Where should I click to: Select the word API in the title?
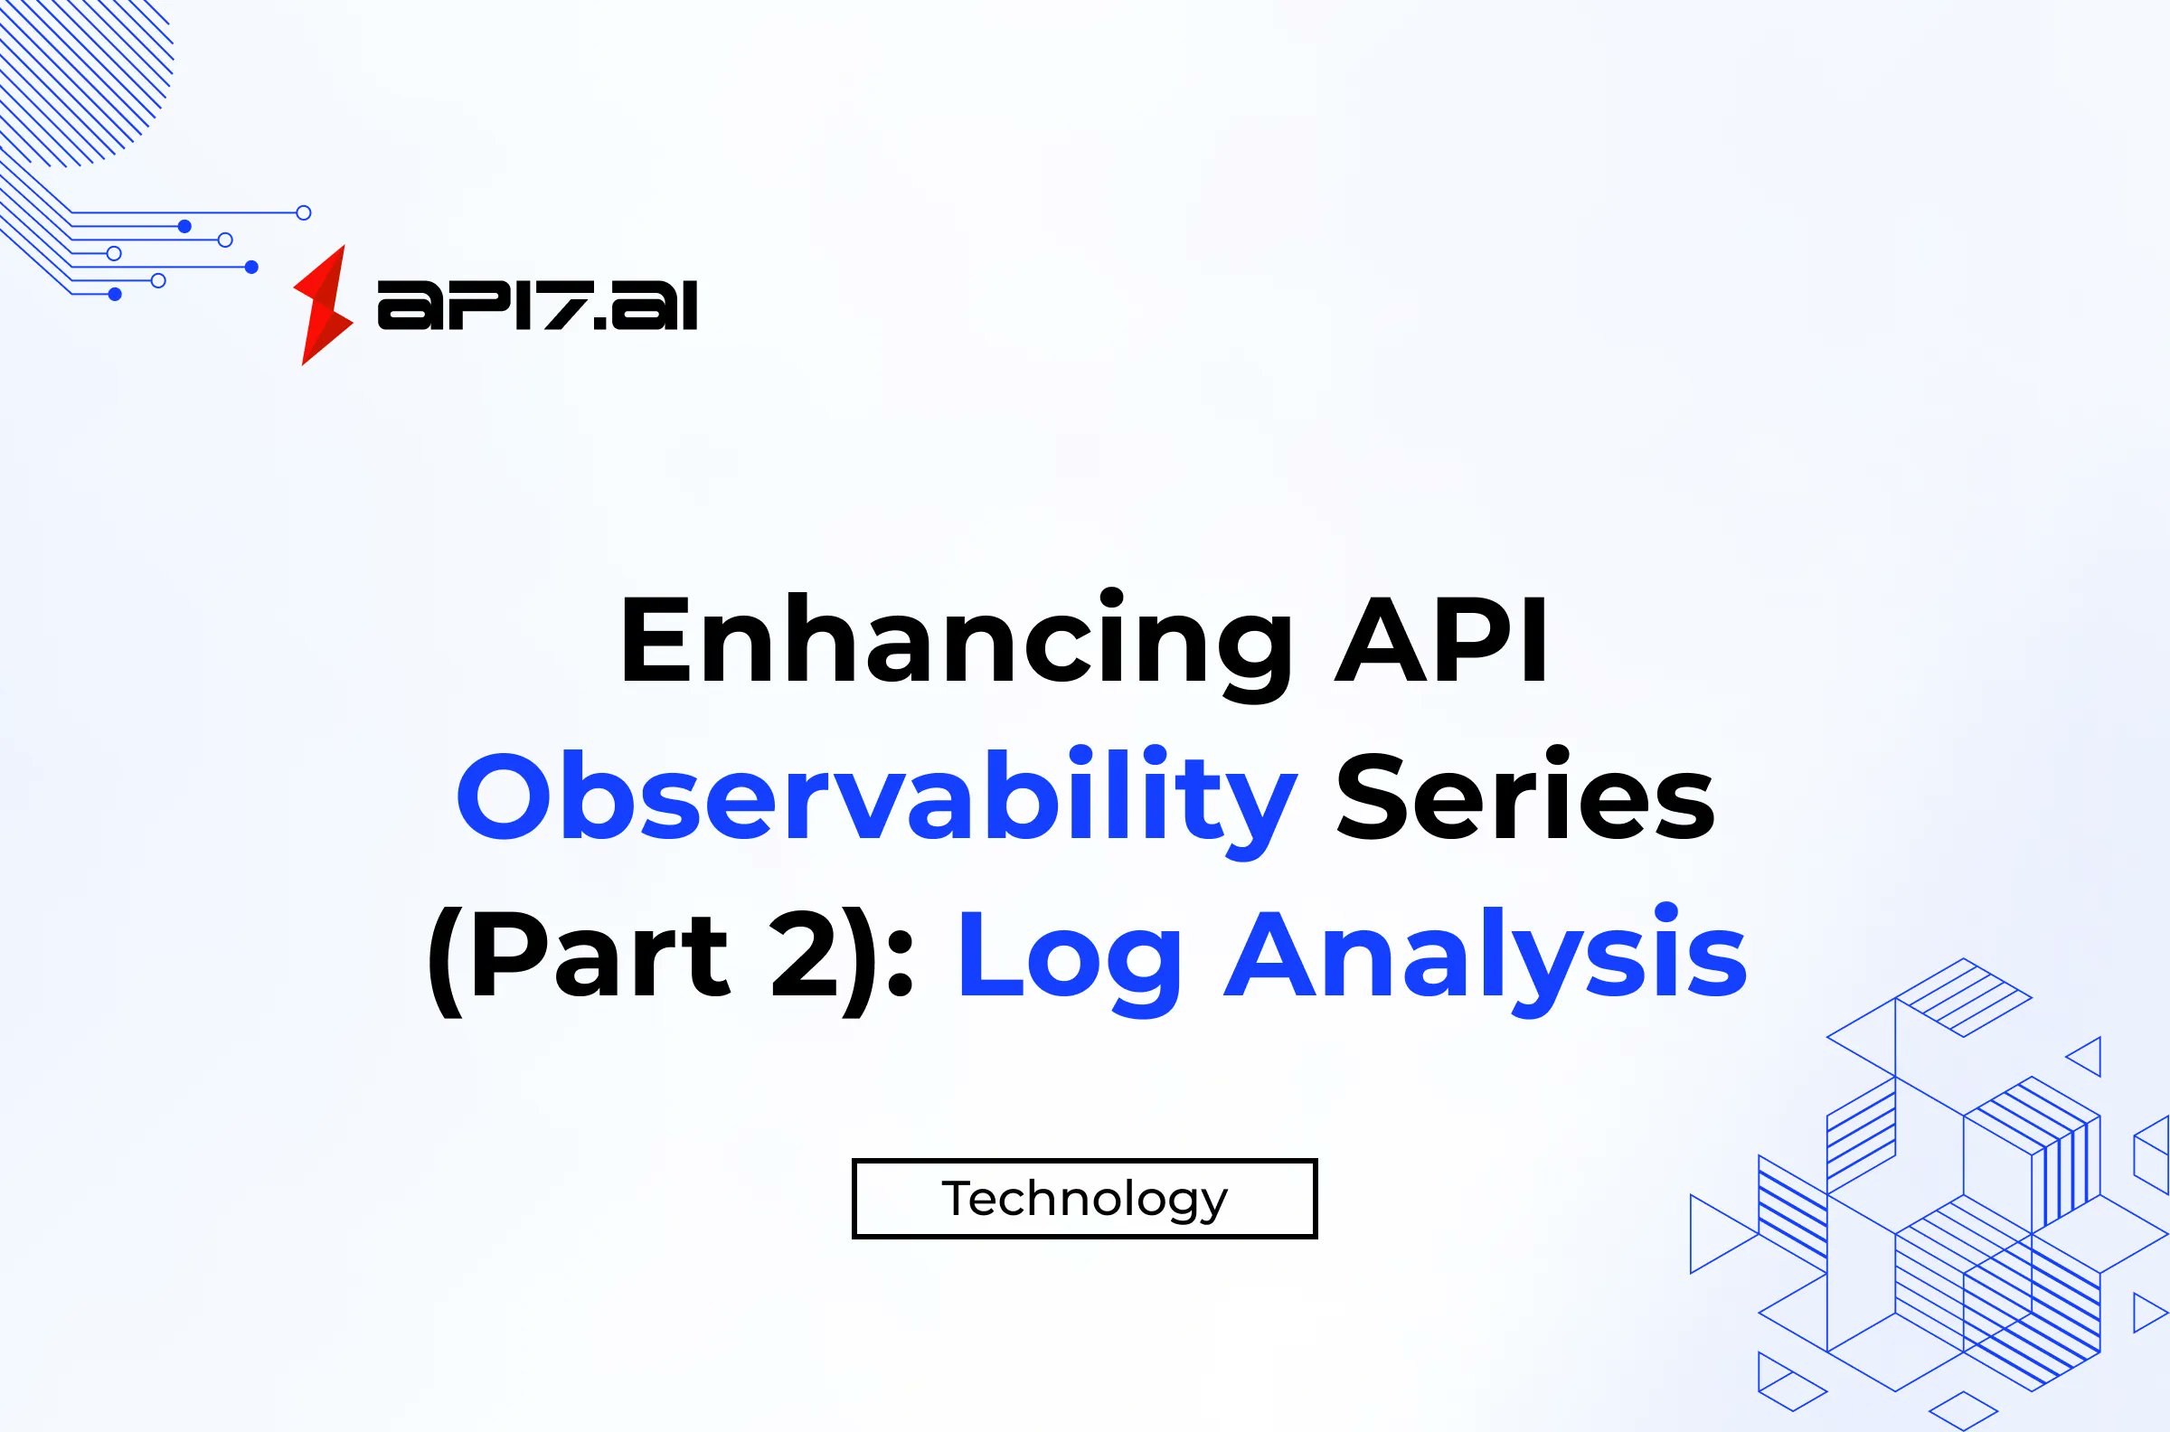tap(1440, 639)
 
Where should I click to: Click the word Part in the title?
tap(599, 956)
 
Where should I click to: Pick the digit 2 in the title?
tap(805, 956)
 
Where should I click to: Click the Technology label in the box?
tap(1084, 1198)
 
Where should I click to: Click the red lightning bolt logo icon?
tap(323, 305)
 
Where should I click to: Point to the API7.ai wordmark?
tap(537, 305)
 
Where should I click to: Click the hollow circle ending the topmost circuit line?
tap(304, 212)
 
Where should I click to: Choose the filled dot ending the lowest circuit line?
tap(115, 294)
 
